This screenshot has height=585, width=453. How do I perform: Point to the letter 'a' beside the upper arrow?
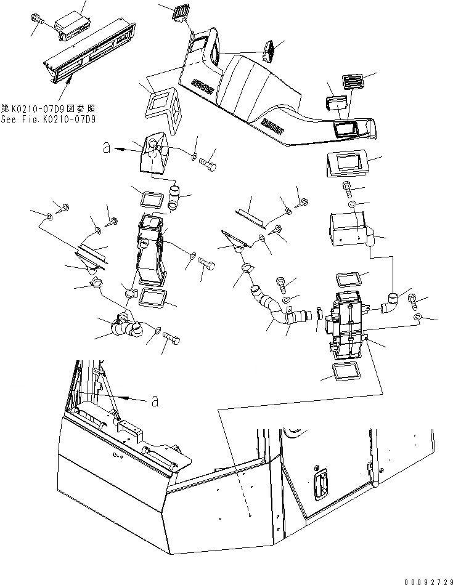[106, 148]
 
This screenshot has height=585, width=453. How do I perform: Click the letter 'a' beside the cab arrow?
[154, 401]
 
